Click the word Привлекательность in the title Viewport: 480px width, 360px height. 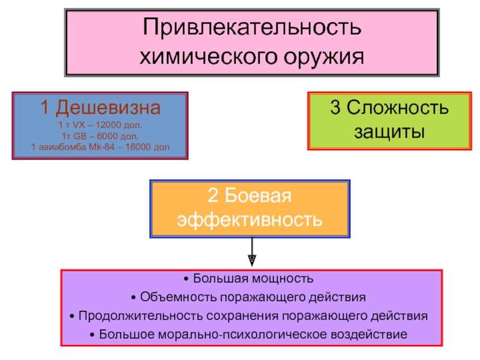point(252,27)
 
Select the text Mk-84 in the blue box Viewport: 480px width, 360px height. point(102,146)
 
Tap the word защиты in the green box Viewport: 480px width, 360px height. point(389,131)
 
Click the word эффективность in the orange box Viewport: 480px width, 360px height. point(249,220)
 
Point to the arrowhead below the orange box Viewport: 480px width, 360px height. point(252,260)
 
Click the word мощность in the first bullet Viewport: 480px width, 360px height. point(284,279)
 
